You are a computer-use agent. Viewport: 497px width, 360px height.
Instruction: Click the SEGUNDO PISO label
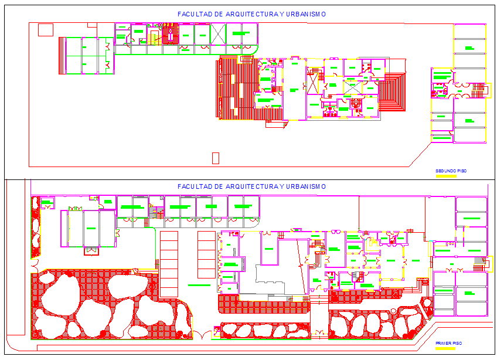(x=450, y=171)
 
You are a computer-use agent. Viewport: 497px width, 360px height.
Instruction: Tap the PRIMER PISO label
(x=449, y=343)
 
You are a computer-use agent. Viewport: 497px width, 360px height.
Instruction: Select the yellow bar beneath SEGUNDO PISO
(x=446, y=175)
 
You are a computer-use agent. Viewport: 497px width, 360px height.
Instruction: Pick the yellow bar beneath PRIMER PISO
(x=445, y=348)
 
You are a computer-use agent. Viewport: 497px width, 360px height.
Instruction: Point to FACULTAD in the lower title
(x=195, y=186)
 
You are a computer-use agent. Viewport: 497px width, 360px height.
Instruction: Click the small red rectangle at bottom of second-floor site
(x=215, y=158)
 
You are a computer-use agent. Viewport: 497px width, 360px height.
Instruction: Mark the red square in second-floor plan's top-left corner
(x=45, y=29)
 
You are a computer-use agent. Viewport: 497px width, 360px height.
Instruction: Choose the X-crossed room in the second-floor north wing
(x=218, y=34)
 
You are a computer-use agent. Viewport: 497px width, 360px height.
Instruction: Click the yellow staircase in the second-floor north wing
(x=152, y=37)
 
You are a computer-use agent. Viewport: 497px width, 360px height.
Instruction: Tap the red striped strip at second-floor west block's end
(x=62, y=56)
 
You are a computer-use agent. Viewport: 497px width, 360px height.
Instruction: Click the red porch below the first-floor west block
(x=92, y=251)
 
